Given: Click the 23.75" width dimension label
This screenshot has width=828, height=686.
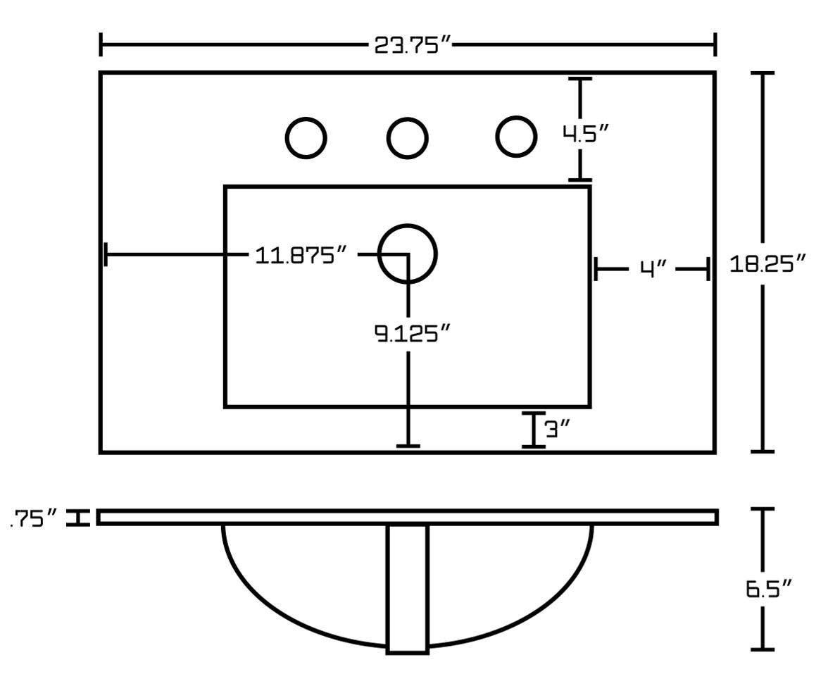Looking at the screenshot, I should coord(410,46).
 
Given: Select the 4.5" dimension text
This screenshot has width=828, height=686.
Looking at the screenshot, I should coord(584,133).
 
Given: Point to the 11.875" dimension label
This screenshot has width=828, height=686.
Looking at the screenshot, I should coord(302,255).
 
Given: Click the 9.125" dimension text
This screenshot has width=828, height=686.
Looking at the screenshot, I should coord(411,332).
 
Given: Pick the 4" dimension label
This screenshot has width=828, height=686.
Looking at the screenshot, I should coord(653,268).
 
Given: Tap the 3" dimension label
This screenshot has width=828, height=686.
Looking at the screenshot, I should coord(557,429).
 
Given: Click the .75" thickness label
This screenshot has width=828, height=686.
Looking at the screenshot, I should coord(34,519).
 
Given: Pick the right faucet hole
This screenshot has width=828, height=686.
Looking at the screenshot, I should coord(515,135).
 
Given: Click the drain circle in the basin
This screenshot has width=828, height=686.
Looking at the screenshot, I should coord(408,254).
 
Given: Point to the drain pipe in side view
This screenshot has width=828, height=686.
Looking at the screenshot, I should coord(408,589).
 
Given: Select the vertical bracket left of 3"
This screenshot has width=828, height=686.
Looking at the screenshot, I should coord(534,430).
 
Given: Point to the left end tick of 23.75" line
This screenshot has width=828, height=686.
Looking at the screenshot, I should coord(101,44).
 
